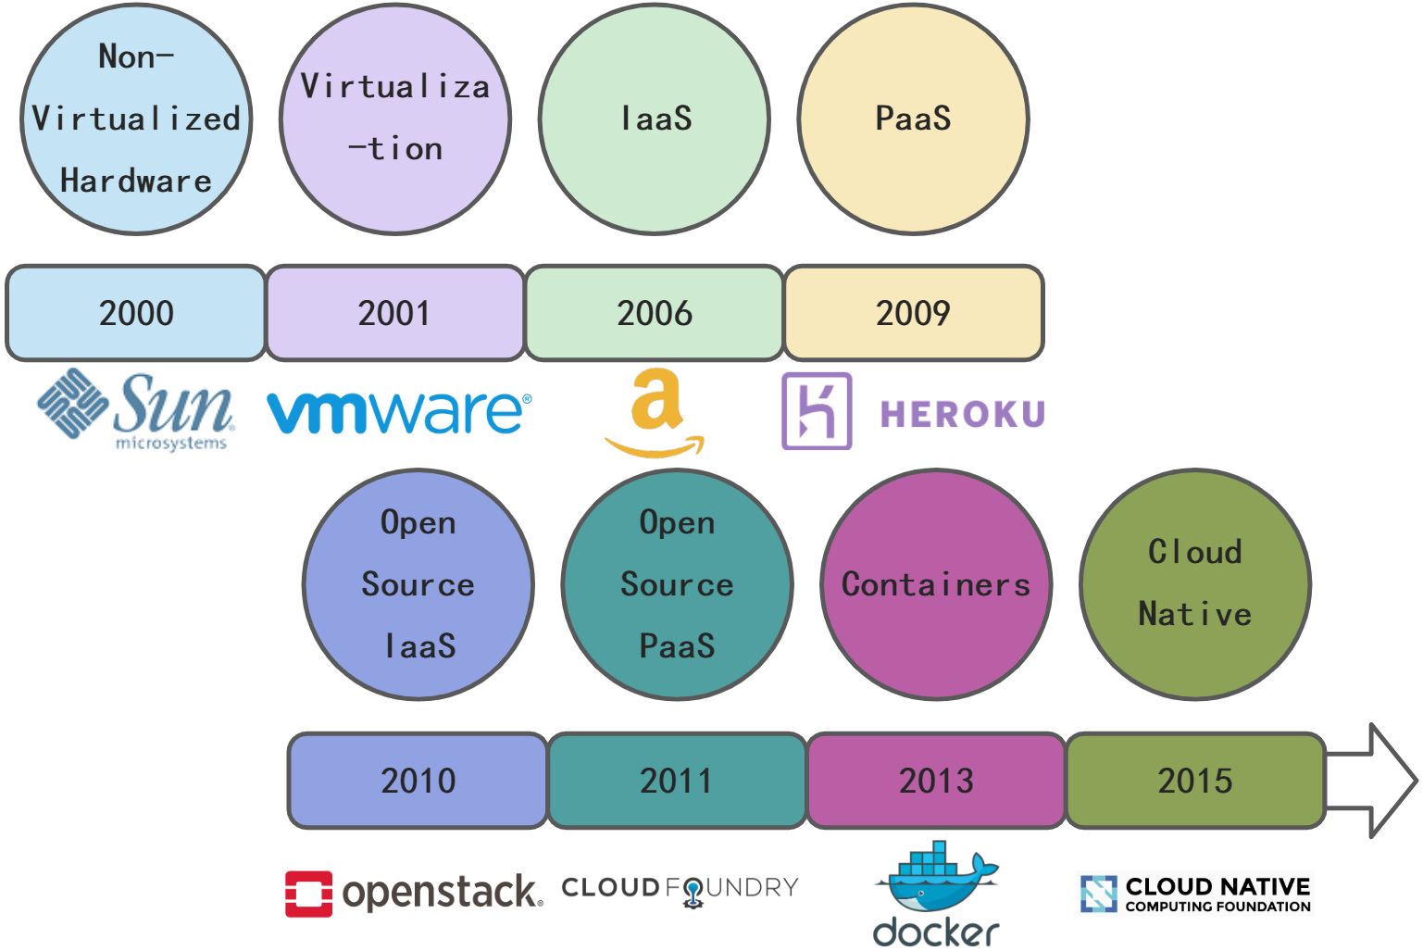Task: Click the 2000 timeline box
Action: click(136, 313)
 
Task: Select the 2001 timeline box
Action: click(395, 313)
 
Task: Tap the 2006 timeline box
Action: click(655, 313)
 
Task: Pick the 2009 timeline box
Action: click(914, 313)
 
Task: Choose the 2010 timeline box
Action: click(418, 781)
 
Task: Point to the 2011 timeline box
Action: click(677, 781)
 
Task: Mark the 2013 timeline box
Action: click(936, 781)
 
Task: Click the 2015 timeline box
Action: click(1195, 781)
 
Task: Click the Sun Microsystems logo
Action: click(137, 409)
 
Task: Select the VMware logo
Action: click(399, 411)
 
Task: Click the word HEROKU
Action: click(963, 414)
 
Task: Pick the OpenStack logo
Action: click(413, 893)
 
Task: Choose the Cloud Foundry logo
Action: click(680, 889)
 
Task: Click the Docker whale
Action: click(936, 879)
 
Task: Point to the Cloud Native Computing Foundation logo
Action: click(1195, 894)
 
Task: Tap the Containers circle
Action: click(936, 584)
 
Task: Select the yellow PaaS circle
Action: click(914, 119)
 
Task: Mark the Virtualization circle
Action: click(395, 119)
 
